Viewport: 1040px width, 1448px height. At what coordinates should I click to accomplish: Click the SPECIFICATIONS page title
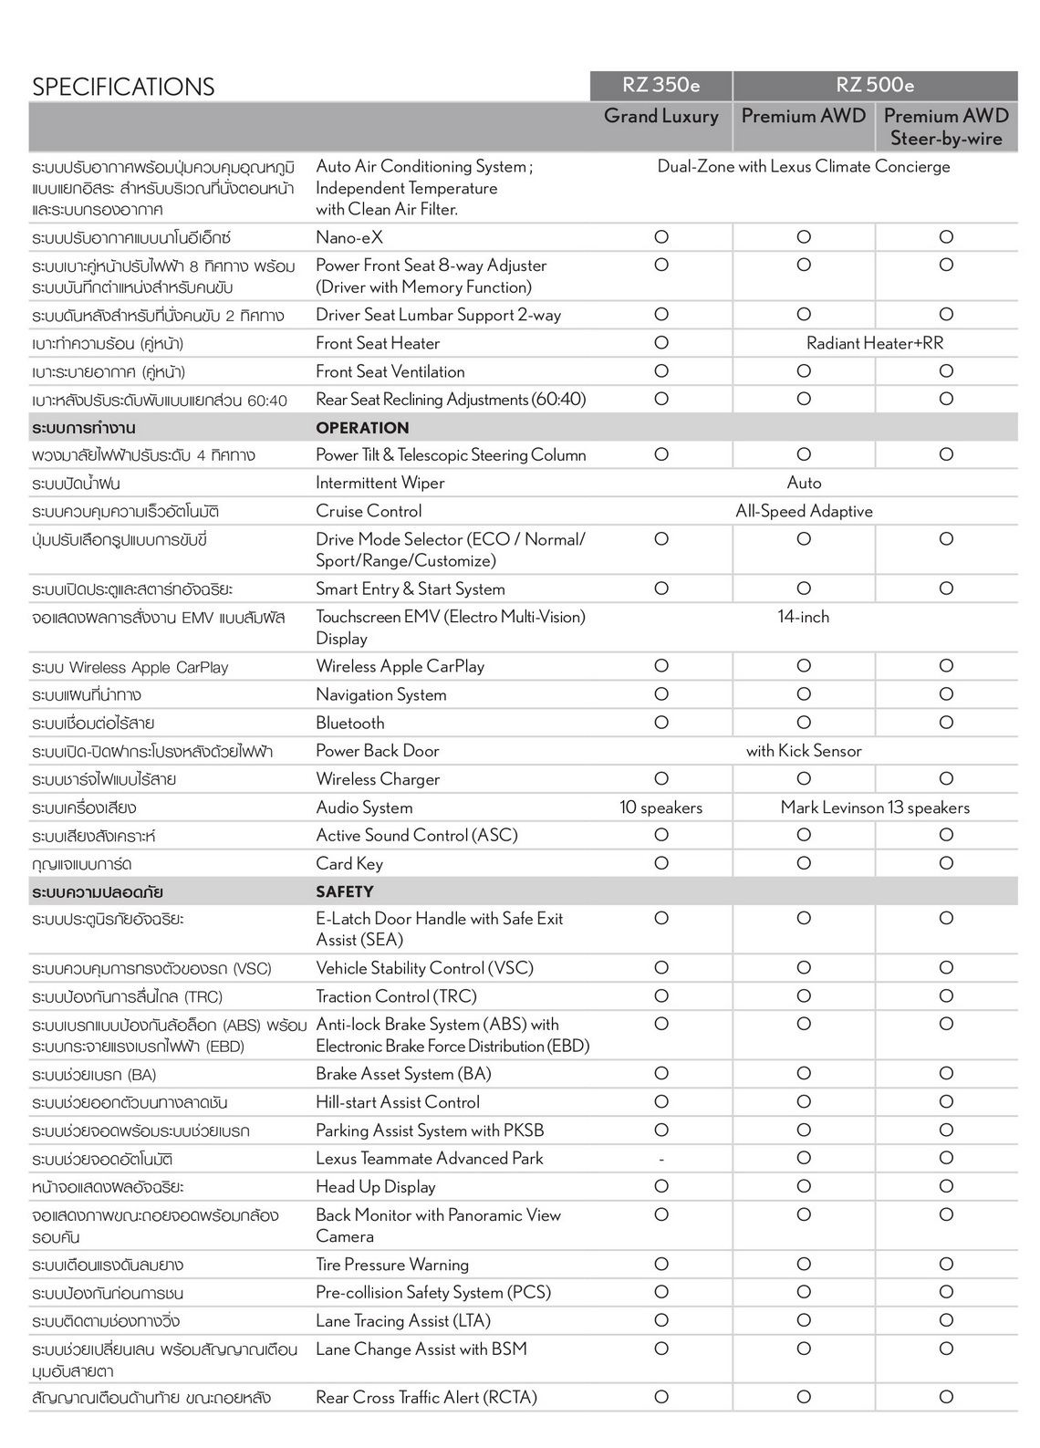(123, 87)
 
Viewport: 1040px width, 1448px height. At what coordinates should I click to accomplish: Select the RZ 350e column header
(660, 85)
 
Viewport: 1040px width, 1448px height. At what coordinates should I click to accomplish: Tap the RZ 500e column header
(875, 85)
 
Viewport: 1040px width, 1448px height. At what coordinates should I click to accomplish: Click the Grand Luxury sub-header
(660, 116)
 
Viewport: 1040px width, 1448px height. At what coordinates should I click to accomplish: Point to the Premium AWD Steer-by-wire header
(946, 127)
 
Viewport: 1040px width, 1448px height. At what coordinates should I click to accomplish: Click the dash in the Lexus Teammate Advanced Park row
(661, 1159)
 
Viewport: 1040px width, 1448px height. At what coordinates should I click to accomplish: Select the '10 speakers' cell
(660, 807)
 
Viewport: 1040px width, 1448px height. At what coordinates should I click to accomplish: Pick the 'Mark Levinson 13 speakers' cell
(875, 807)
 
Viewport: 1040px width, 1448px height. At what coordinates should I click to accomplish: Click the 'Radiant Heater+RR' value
(875, 343)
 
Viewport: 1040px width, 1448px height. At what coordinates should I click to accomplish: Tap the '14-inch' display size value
(803, 617)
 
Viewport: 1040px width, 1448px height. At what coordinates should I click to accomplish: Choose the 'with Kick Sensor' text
(803, 751)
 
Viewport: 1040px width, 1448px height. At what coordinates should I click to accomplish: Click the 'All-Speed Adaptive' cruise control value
(804, 511)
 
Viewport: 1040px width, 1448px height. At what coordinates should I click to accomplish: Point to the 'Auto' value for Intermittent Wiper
(804, 483)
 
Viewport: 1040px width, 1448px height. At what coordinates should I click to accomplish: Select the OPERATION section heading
(362, 428)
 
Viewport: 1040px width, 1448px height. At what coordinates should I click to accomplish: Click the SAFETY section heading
(344, 891)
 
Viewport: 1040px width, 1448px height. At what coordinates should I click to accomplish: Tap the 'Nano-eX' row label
(348, 237)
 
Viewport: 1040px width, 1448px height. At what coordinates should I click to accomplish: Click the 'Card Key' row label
(348, 863)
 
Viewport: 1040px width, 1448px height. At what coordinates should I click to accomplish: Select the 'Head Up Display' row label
(375, 1186)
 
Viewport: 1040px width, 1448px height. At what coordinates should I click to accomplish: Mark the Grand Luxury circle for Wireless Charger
(661, 778)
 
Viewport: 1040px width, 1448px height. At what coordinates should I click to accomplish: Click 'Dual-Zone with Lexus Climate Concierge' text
(803, 166)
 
